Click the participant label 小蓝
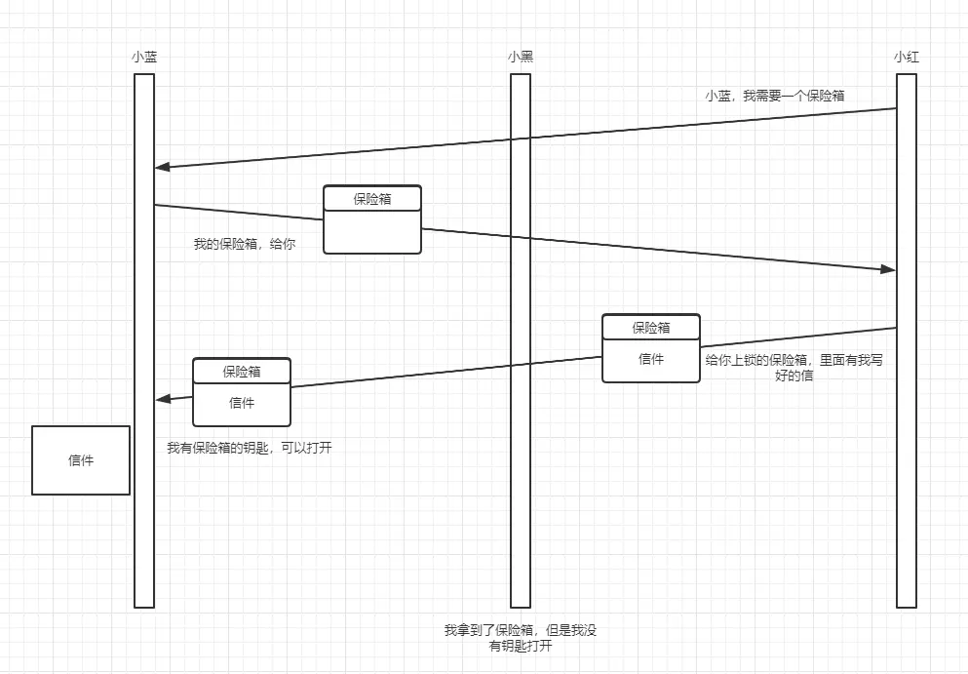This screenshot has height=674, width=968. point(144,57)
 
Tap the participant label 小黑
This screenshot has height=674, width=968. point(521,57)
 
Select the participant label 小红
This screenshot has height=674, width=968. point(907,57)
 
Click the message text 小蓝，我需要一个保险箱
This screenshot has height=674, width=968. point(775,96)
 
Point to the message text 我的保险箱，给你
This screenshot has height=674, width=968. point(245,244)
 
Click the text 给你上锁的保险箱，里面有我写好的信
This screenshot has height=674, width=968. point(794,368)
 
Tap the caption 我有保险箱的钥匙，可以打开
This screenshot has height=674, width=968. point(250,448)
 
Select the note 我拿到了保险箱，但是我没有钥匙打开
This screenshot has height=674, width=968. point(521,638)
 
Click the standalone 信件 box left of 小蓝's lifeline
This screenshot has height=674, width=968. point(81,460)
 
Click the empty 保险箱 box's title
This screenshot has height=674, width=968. point(372,199)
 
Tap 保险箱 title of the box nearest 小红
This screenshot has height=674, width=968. point(651,328)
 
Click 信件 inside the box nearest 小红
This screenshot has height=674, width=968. point(651,359)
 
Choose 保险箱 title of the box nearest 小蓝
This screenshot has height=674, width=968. point(242,372)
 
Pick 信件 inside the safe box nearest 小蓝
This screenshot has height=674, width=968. point(242,403)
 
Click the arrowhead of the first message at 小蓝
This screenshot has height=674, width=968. point(162,167)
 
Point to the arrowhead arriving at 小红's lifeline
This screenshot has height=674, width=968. point(888,269)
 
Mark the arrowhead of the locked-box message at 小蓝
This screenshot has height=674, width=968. point(163,399)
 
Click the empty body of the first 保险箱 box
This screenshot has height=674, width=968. point(372,232)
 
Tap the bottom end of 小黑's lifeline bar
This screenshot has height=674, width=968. point(521,608)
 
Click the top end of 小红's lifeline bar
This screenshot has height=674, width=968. point(907,74)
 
